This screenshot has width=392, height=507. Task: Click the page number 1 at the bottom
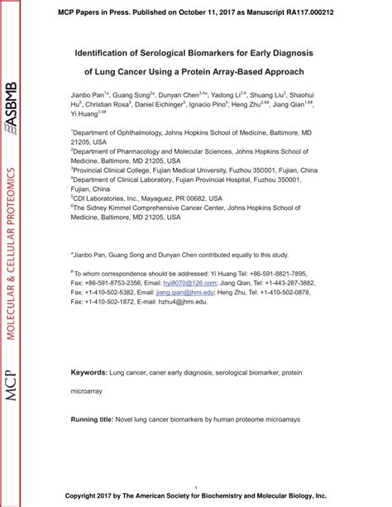[195, 488]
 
